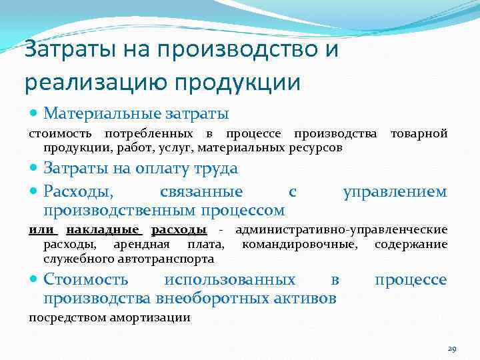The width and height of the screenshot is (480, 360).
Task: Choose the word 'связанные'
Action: [201, 192]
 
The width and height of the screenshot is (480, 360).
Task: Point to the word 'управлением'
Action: [395, 192]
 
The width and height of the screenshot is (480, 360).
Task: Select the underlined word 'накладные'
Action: [103, 231]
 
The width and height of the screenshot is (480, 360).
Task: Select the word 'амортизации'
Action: [154, 317]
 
